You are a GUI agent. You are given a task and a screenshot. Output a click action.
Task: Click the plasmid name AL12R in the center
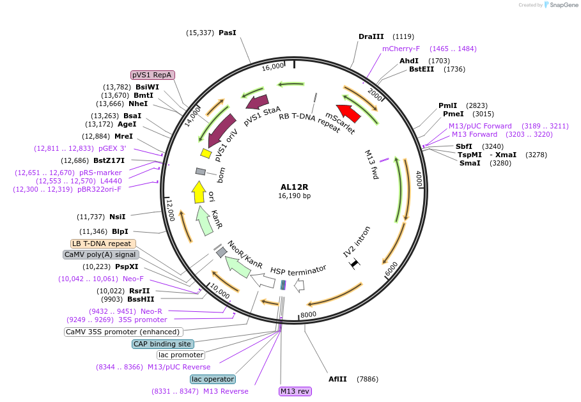[x=294, y=187]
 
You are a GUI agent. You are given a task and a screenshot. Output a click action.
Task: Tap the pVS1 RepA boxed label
[x=153, y=75]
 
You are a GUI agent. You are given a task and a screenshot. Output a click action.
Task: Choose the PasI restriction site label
[x=228, y=33]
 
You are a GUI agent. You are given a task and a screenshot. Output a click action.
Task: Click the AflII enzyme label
[x=337, y=379]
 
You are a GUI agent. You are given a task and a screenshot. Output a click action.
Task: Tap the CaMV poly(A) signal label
[x=101, y=254]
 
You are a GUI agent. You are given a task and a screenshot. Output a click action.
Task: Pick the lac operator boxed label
[x=213, y=379]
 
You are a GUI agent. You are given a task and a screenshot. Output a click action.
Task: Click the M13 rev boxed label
[x=295, y=391]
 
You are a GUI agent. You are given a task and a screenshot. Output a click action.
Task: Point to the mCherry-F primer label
[x=401, y=49]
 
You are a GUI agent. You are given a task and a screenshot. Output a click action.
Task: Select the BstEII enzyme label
[x=421, y=69]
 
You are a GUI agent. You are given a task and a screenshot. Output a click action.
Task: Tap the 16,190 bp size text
[x=294, y=196]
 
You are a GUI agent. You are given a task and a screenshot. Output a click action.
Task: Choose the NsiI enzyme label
[x=118, y=217]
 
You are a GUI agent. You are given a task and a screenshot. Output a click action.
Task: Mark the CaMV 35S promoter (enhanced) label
[x=124, y=332]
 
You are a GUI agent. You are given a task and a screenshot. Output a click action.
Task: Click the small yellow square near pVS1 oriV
[x=206, y=153]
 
